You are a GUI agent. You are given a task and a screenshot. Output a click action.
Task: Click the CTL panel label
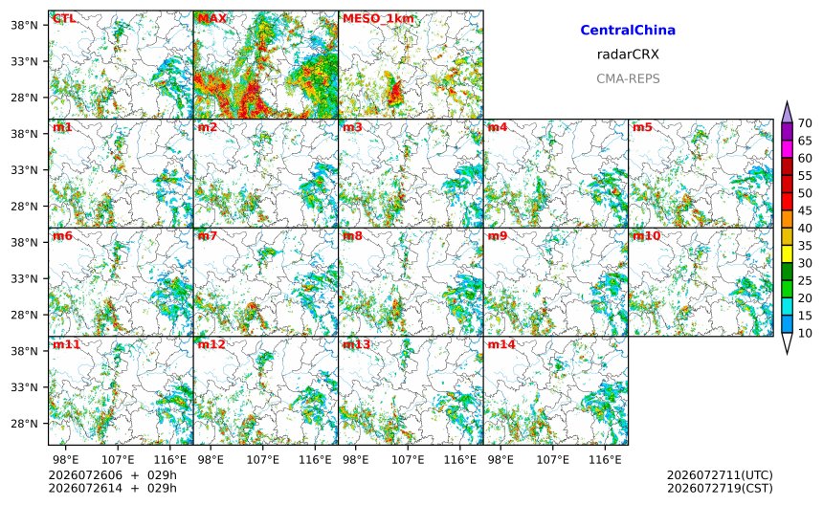click(64, 18)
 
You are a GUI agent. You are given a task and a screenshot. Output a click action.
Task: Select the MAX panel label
click(212, 18)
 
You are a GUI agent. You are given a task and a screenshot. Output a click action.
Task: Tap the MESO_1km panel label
click(378, 18)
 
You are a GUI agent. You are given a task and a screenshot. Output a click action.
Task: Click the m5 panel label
click(642, 127)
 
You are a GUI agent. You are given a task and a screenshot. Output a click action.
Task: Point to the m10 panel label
click(646, 235)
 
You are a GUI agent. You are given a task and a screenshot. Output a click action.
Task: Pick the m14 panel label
click(501, 344)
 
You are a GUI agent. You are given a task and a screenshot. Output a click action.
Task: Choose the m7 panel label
click(208, 235)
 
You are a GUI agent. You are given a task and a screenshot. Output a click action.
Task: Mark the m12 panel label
click(211, 344)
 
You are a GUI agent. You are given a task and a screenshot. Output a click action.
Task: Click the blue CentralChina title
click(628, 31)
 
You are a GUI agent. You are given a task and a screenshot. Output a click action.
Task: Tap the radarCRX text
click(628, 55)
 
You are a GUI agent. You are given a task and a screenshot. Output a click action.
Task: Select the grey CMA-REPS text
click(628, 78)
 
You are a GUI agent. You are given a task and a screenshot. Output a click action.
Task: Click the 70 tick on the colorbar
click(805, 123)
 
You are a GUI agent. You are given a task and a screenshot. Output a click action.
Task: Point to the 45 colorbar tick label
click(805, 210)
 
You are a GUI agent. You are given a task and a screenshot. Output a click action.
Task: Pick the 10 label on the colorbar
click(805, 333)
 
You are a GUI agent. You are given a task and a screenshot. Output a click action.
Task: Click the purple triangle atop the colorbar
click(787, 112)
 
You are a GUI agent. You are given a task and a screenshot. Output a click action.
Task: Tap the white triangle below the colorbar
click(787, 343)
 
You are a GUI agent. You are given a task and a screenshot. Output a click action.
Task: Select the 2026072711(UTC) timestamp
click(720, 475)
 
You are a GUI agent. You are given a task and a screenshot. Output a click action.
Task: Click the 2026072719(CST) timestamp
click(720, 488)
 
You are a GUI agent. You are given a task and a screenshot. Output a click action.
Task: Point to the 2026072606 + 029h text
click(112, 475)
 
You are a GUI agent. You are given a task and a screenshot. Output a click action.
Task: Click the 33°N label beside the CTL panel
click(24, 61)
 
